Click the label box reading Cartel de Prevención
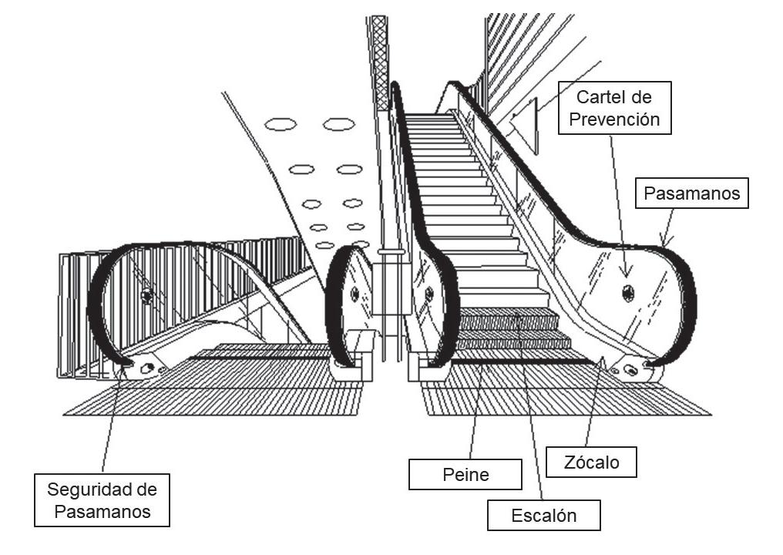(x=614, y=108)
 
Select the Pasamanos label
(x=692, y=193)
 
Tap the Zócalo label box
(x=591, y=462)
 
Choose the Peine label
(x=465, y=474)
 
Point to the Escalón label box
(x=543, y=516)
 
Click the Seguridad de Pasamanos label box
(x=102, y=499)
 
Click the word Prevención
(x=614, y=119)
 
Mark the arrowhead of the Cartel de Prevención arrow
(x=626, y=273)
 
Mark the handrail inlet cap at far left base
(x=144, y=368)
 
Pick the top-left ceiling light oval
(x=281, y=124)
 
